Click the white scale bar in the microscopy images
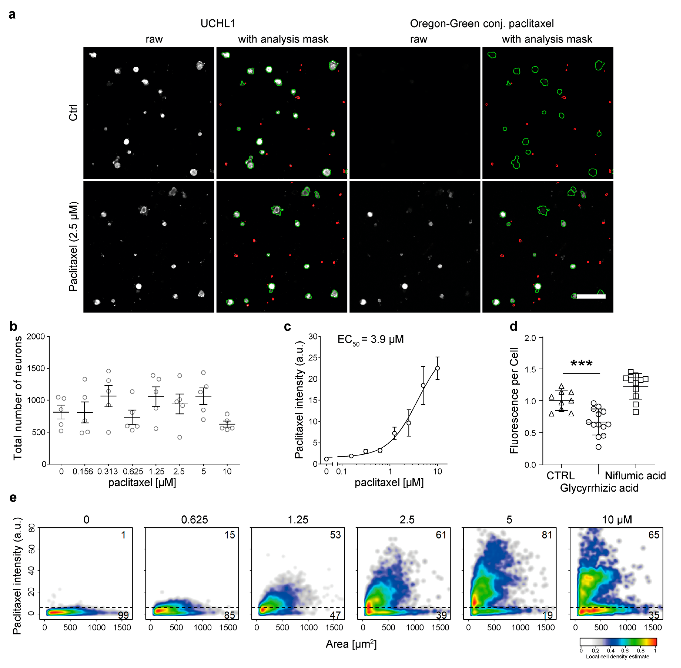591,296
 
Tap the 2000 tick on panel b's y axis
36,336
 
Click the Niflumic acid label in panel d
635,476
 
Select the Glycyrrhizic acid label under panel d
599,488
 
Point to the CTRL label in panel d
560,476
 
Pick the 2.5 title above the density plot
407,520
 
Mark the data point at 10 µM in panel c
437,368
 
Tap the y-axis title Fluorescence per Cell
514,401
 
